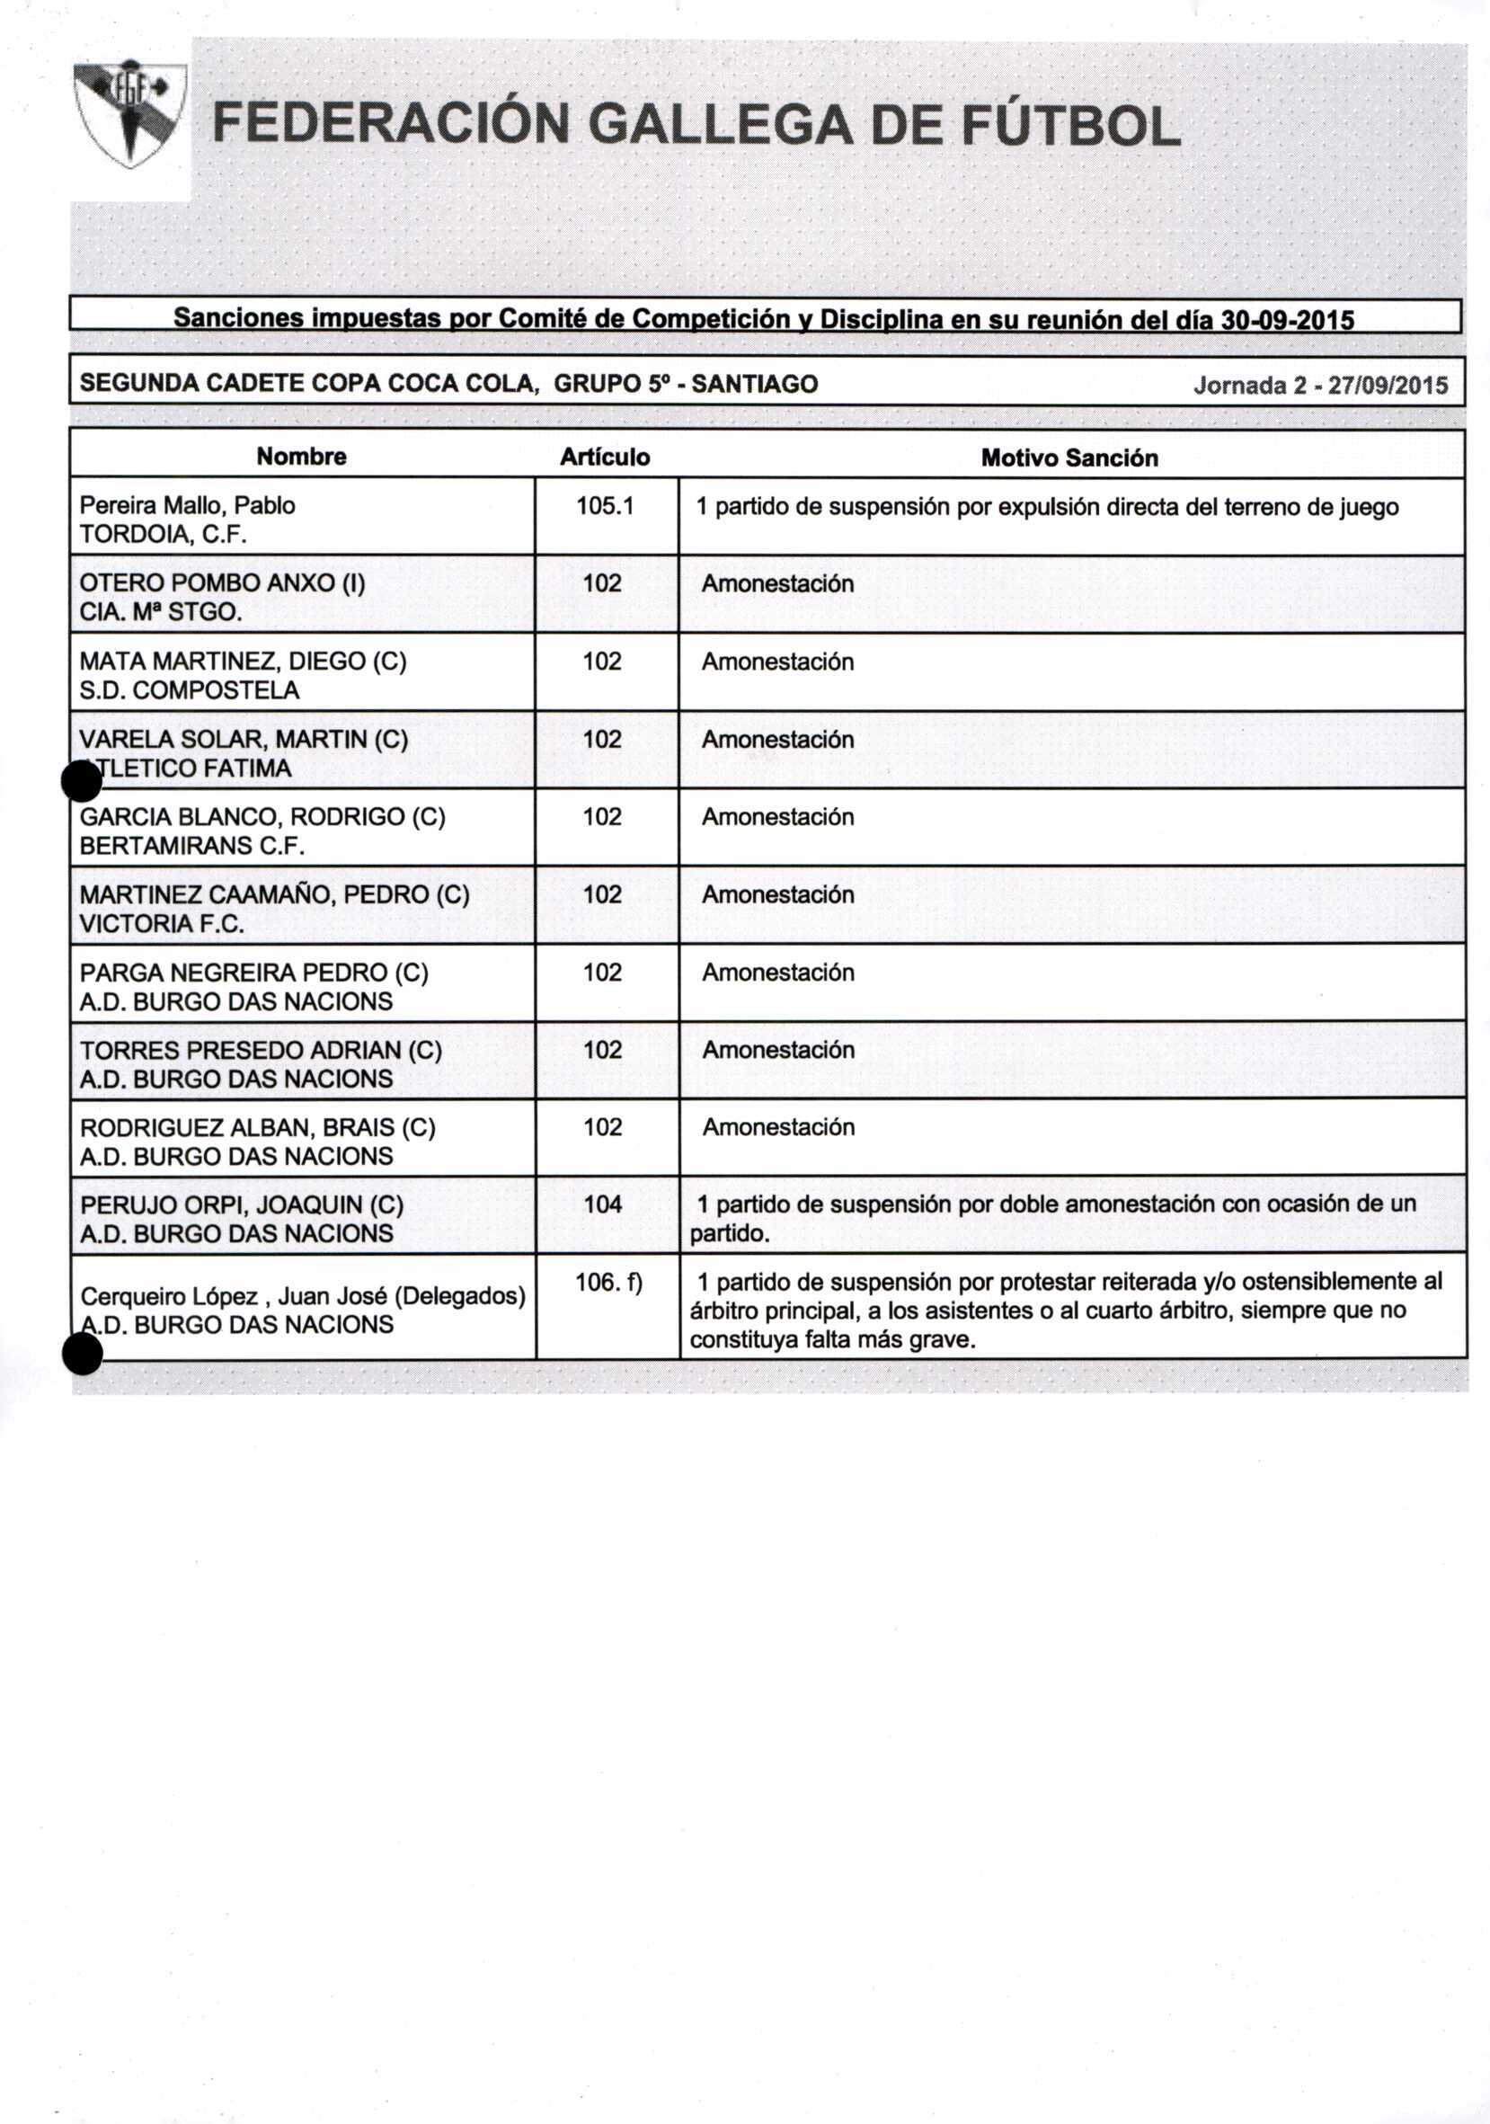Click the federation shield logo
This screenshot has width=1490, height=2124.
click(x=130, y=115)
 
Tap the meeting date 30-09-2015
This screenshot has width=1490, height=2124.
click(x=1288, y=320)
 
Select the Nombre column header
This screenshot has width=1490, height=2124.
click(x=302, y=456)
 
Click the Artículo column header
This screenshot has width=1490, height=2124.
click(x=605, y=457)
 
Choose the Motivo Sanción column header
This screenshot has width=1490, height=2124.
click(x=1069, y=458)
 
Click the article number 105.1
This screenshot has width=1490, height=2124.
click(x=605, y=506)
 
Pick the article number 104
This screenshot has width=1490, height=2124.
click(x=603, y=1204)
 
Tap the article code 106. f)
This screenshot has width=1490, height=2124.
click(x=608, y=1282)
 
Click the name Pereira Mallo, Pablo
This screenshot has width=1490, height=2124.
click(x=188, y=505)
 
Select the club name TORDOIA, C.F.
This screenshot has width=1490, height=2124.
click(x=164, y=535)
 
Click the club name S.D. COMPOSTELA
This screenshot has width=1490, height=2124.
click(x=190, y=690)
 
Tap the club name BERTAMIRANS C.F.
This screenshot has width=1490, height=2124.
click(x=192, y=846)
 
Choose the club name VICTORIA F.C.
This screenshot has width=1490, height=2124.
click(x=162, y=923)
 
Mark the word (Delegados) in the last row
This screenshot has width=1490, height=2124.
click(x=459, y=1296)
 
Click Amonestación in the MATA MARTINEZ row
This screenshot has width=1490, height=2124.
click(x=778, y=662)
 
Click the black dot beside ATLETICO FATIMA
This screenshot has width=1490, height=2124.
click(x=82, y=783)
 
